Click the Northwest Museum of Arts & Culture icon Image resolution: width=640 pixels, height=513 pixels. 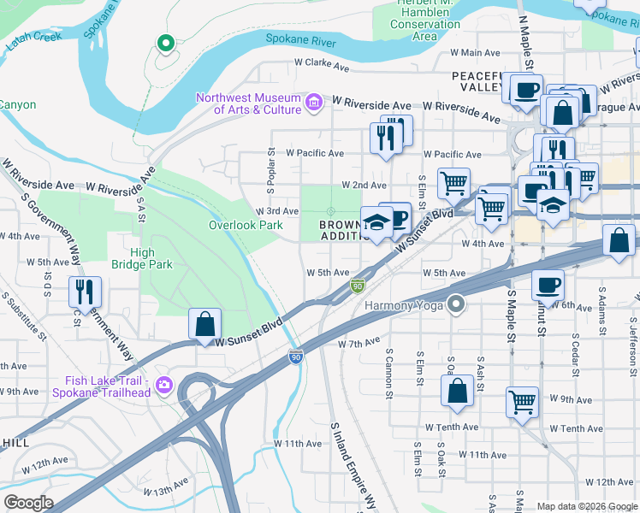pyautogui.click(x=314, y=103)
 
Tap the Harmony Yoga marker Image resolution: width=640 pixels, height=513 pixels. pyautogui.click(x=458, y=304)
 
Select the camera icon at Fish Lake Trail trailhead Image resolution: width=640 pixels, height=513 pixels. pyautogui.click(x=163, y=386)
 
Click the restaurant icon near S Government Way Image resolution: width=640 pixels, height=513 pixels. pyautogui.click(x=85, y=292)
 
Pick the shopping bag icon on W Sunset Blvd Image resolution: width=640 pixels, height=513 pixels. pyautogui.click(x=204, y=325)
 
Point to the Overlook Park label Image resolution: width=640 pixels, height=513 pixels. pyautogui.click(x=246, y=226)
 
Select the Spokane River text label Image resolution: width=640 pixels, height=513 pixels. pyautogui.click(x=301, y=38)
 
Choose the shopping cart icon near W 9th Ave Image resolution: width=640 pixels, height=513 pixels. pyautogui.click(x=522, y=400)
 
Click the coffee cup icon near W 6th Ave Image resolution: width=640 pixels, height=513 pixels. pyautogui.click(x=548, y=285)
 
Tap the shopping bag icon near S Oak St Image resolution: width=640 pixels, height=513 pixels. pyautogui.click(x=458, y=390)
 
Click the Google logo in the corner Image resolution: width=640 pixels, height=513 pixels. pyautogui.click(x=28, y=503)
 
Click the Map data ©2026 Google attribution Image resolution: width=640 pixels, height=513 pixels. pyautogui.click(x=586, y=506)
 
